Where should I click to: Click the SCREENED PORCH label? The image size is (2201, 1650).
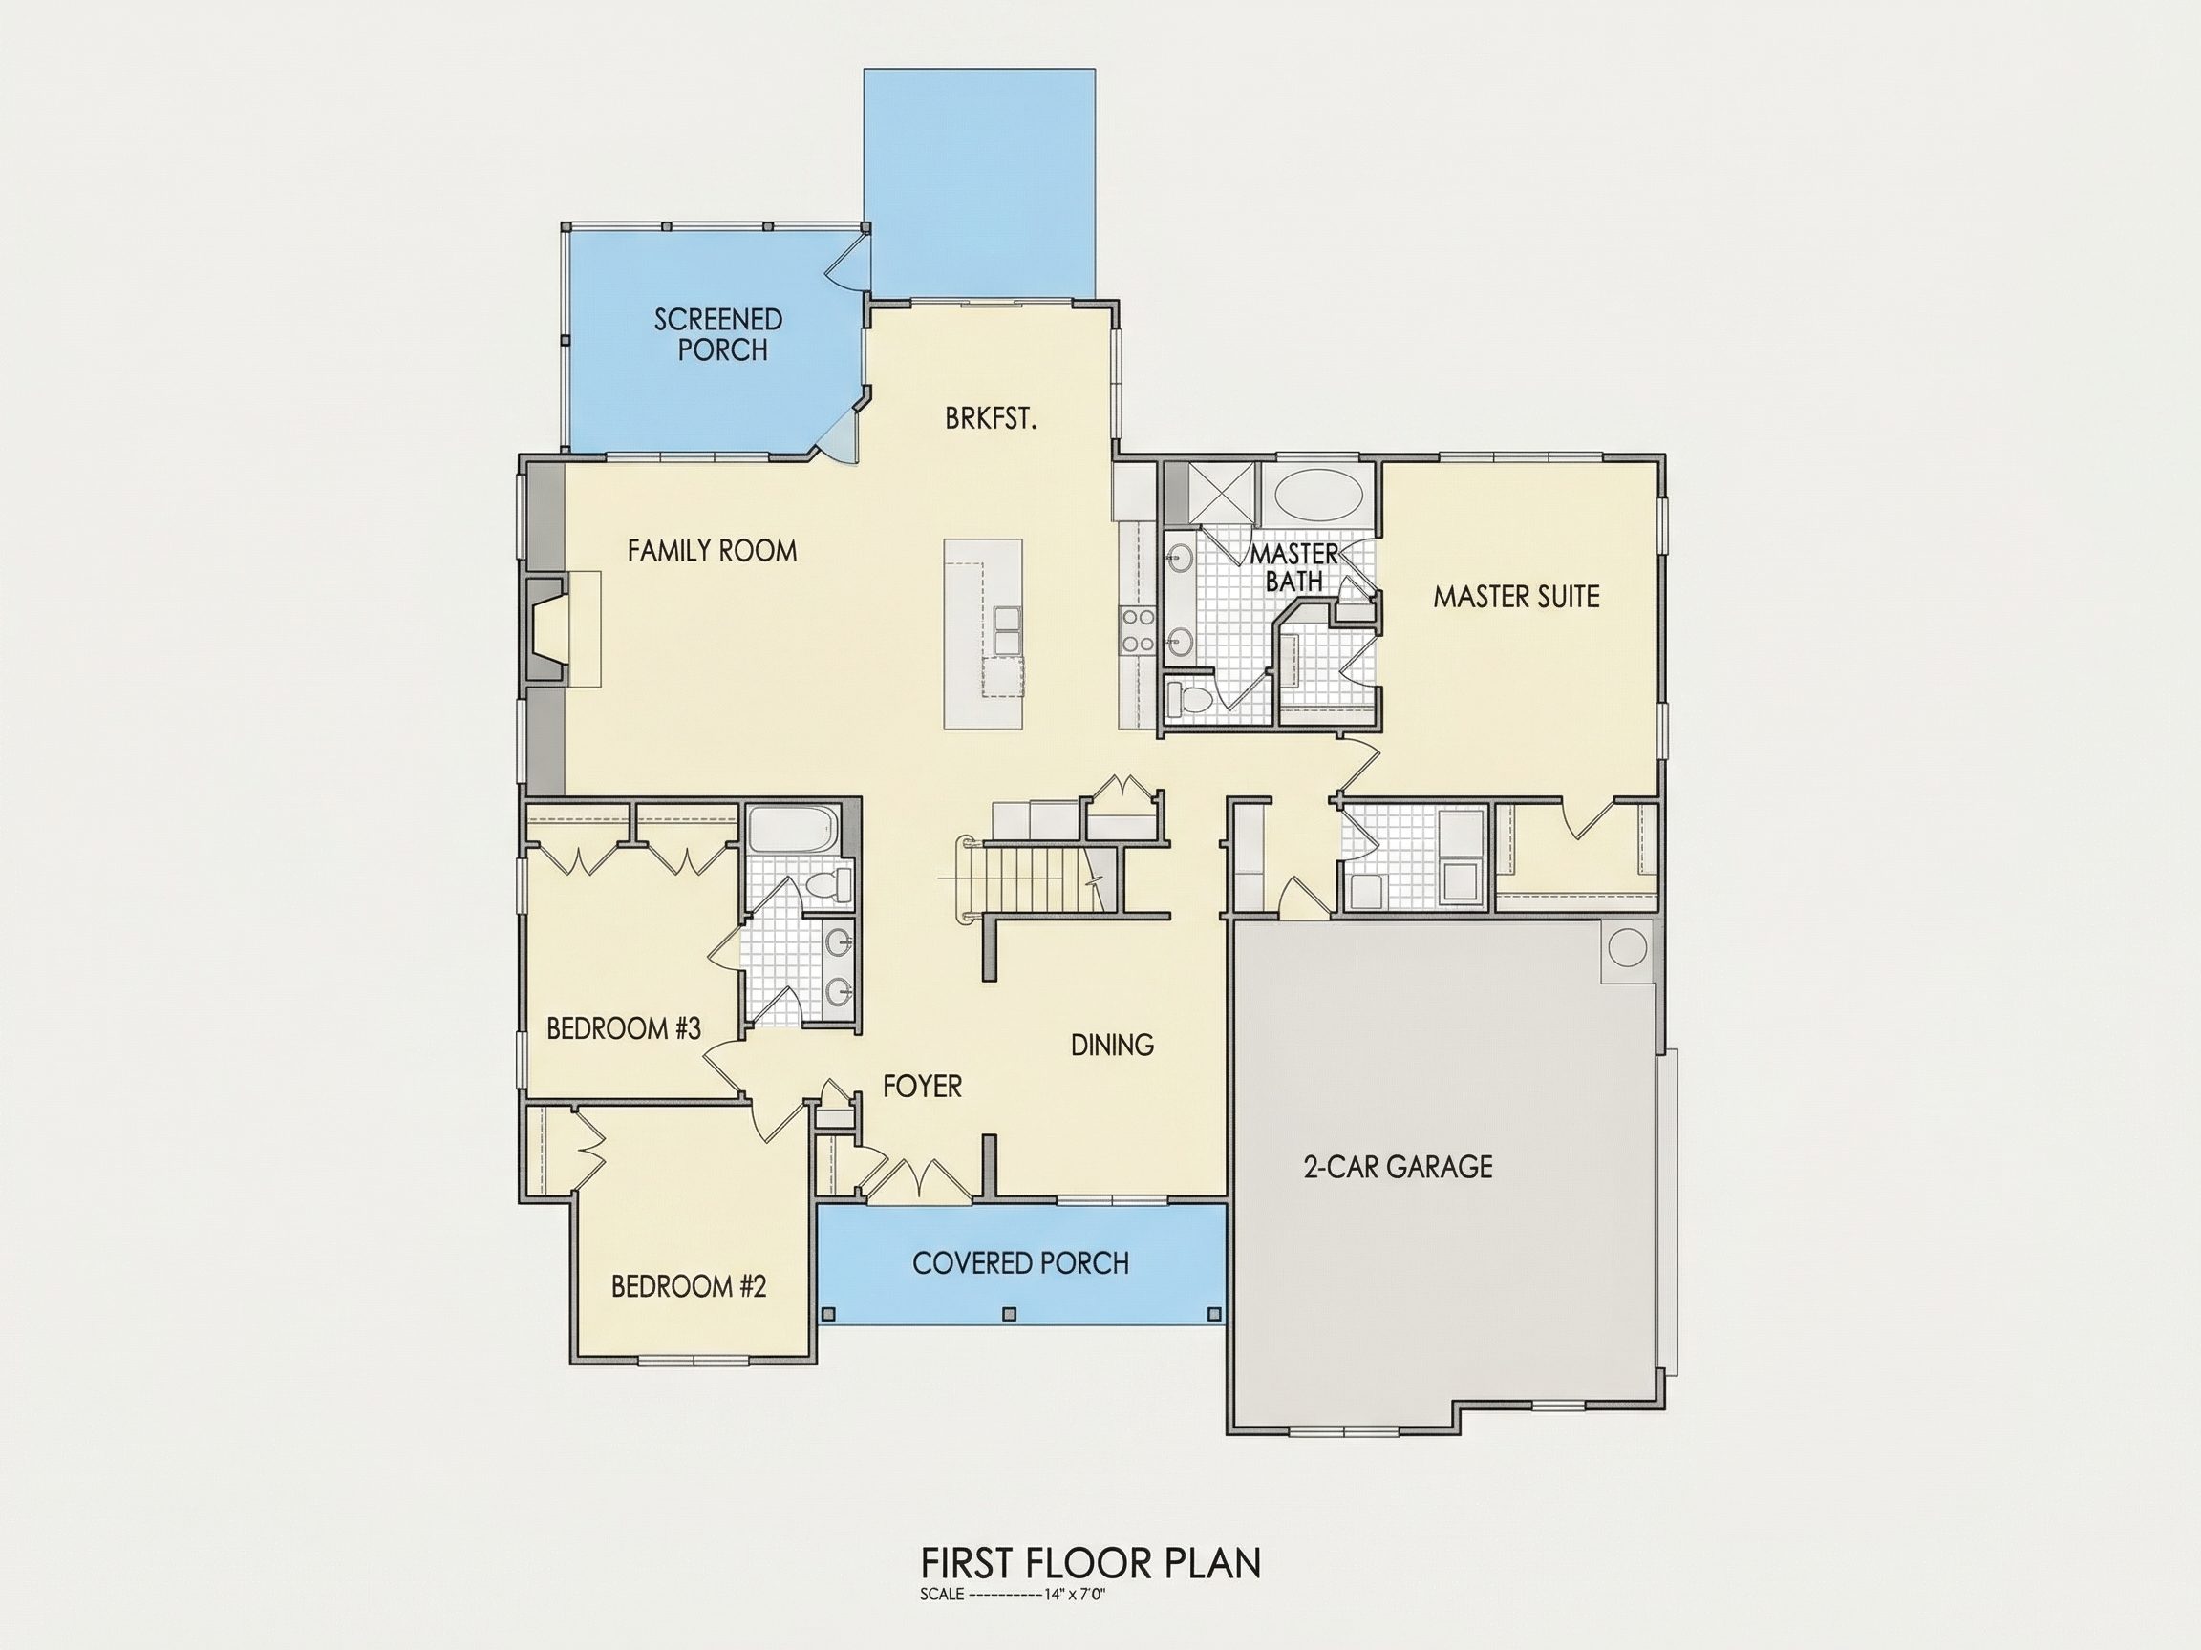718,335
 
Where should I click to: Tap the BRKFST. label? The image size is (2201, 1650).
991,420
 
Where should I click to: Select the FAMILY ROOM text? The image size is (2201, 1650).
713,551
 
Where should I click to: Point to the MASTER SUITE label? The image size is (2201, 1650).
1516,597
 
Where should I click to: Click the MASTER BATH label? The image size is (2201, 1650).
1294,567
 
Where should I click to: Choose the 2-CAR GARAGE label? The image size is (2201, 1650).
1398,1167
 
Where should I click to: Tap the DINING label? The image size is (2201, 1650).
1112,1046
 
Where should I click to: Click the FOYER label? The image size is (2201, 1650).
923,1086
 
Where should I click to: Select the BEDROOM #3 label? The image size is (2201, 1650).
624,1028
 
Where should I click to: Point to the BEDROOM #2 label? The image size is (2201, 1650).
689,1287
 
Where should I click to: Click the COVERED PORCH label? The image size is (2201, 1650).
1021,1263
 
